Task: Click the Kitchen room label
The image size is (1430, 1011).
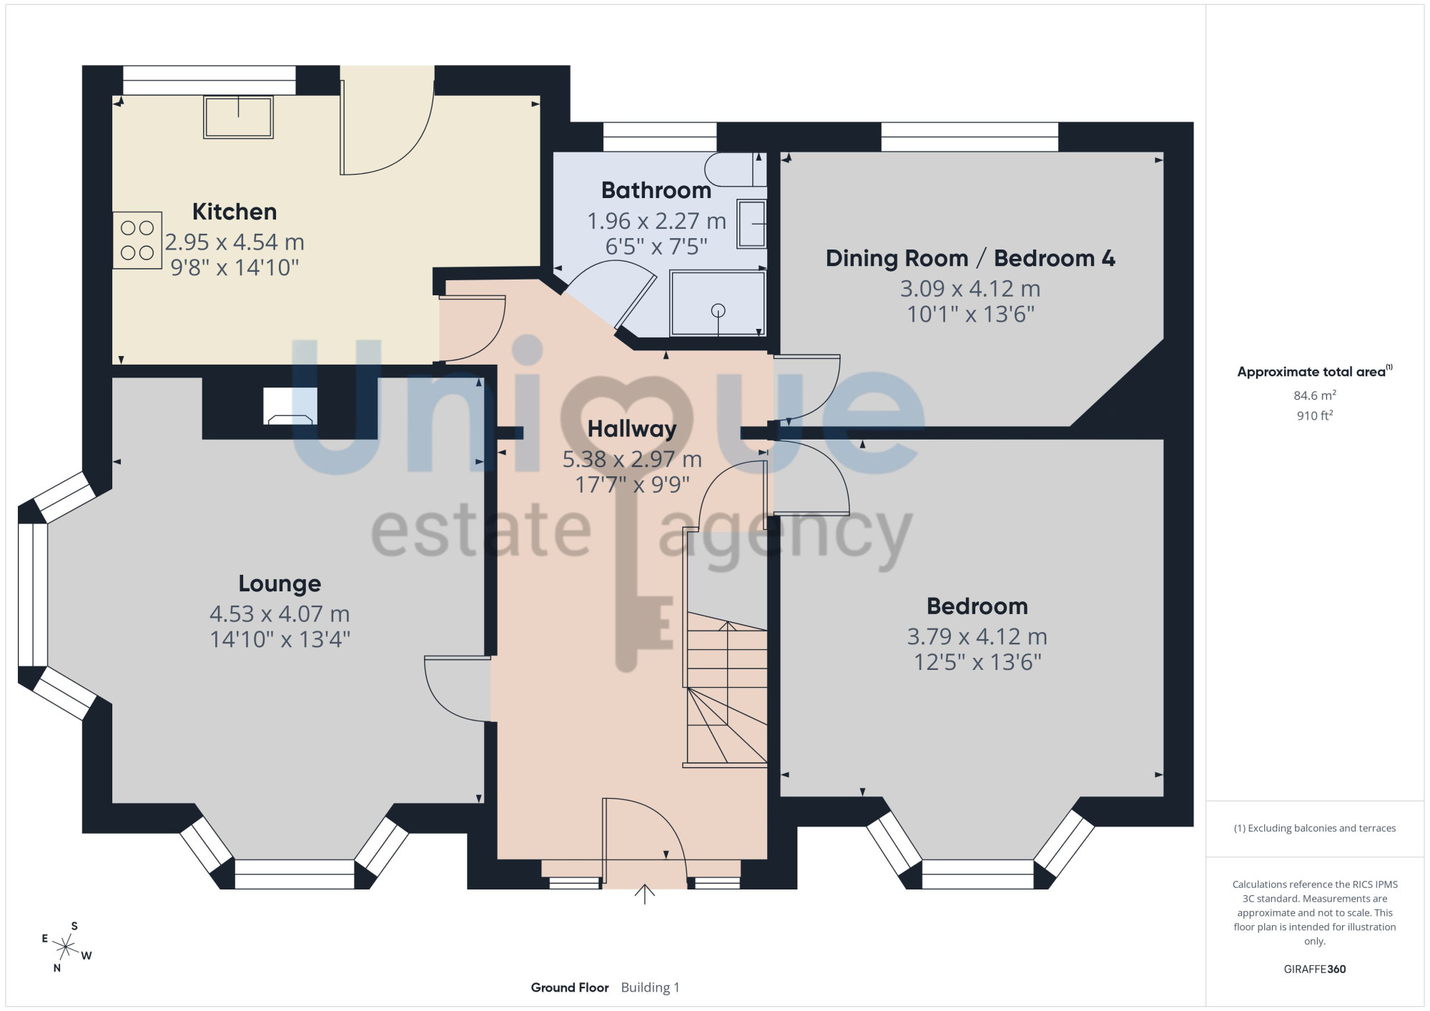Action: pyautogui.click(x=235, y=212)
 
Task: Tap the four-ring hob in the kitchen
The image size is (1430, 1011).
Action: pyautogui.click(x=137, y=240)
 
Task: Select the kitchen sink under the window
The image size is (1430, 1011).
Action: pyautogui.click(x=238, y=117)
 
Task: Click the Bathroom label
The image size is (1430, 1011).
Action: pyautogui.click(x=656, y=190)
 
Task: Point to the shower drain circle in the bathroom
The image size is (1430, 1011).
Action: pyautogui.click(x=719, y=310)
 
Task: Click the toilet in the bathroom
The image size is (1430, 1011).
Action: pyautogui.click(x=735, y=169)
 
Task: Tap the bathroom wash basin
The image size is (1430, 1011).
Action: pyautogui.click(x=751, y=225)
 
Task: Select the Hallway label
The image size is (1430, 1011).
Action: pyautogui.click(x=632, y=429)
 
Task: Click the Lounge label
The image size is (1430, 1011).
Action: pyautogui.click(x=280, y=583)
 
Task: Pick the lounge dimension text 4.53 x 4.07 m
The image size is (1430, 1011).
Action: pyautogui.click(x=280, y=613)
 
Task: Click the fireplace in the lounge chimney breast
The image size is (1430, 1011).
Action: pyautogui.click(x=290, y=406)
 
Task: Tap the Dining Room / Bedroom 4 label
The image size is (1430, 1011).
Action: pyautogui.click(x=970, y=258)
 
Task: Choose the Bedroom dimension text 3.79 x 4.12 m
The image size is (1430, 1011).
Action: pyautogui.click(x=977, y=636)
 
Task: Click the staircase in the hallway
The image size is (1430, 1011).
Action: pyautogui.click(x=726, y=689)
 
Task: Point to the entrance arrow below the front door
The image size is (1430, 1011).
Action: pyautogui.click(x=645, y=894)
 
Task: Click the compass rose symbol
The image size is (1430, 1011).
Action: pyautogui.click(x=66, y=948)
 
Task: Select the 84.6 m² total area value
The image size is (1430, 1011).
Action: pyautogui.click(x=1315, y=395)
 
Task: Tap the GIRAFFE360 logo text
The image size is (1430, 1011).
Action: pyautogui.click(x=1315, y=970)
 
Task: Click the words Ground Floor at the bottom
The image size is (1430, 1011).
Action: pyautogui.click(x=570, y=987)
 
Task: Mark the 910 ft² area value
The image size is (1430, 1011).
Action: pyautogui.click(x=1315, y=415)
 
